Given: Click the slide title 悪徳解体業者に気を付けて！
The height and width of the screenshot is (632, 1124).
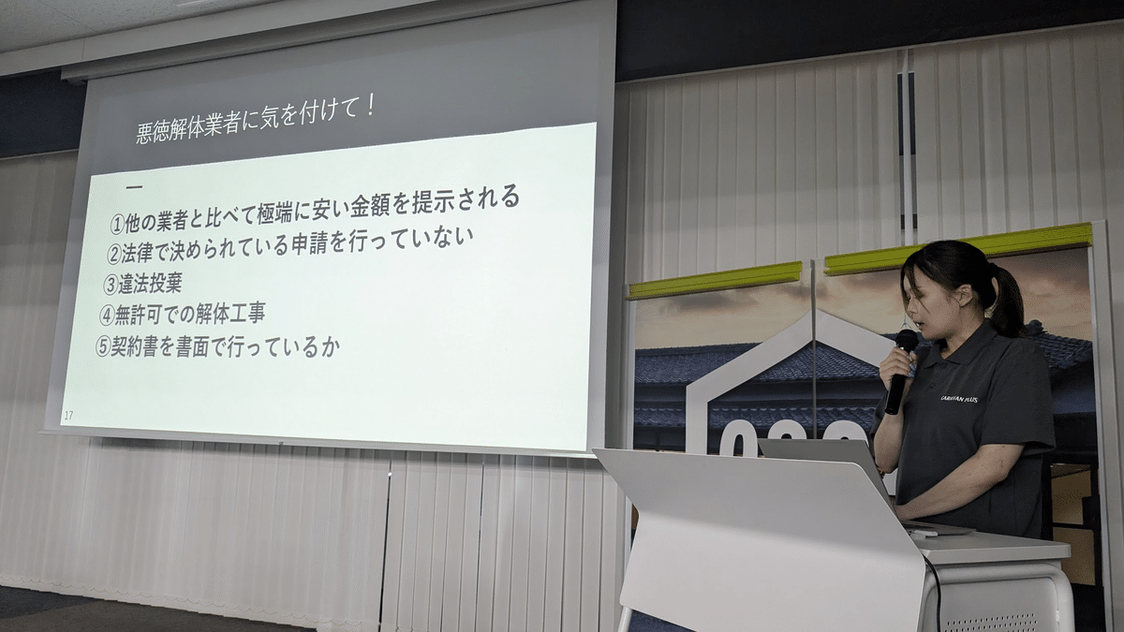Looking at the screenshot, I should [x=255, y=123].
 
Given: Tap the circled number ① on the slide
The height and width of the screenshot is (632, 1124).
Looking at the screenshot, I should [x=118, y=225].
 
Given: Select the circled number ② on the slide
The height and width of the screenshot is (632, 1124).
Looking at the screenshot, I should [x=114, y=255].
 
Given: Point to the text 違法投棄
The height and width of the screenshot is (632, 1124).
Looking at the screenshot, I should [x=150, y=284].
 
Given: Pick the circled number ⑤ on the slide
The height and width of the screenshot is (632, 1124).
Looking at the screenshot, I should [x=103, y=345].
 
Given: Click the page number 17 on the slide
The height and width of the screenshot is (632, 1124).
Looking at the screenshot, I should [x=68, y=415].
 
